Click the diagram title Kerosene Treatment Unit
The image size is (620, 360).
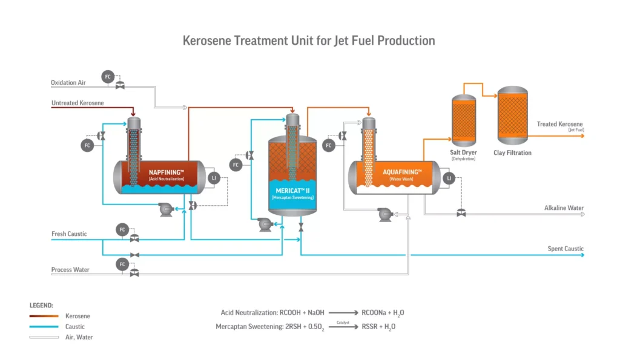[309, 41]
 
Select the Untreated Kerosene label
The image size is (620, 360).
[77, 103]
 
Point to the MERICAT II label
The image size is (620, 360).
[292, 191]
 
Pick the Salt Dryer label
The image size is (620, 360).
[463, 152]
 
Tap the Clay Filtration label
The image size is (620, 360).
[512, 153]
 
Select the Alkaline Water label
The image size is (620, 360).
[564, 208]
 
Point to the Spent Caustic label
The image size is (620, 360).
[566, 249]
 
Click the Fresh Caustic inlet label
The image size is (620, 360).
[69, 234]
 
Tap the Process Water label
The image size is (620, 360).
[70, 270]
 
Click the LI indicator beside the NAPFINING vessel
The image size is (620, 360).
[213, 178]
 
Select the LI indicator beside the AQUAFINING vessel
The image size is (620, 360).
[449, 178]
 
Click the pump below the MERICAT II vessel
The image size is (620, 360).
[265, 225]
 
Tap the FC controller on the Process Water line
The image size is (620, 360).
[122, 264]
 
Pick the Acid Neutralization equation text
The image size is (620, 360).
[272, 313]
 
